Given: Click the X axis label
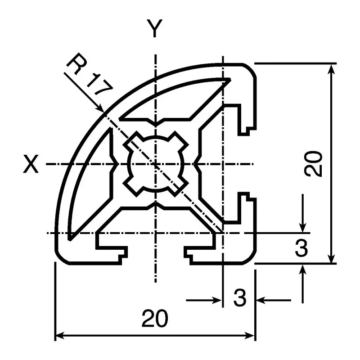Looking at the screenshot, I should click(31, 165).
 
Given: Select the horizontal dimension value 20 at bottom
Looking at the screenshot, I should click(155, 319).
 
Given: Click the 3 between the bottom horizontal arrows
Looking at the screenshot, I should click(240, 298).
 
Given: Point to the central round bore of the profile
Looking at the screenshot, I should click(155, 165).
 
